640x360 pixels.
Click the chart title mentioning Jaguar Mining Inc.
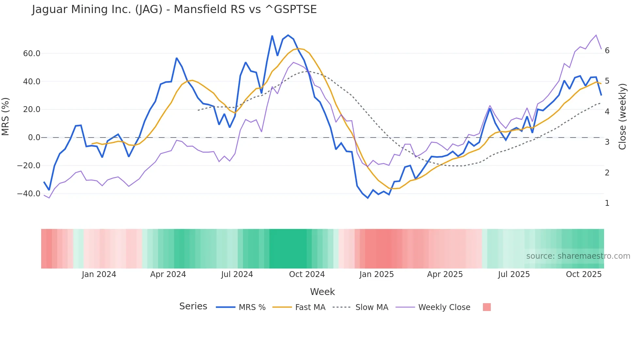[174, 9]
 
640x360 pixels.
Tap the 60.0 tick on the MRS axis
[32, 54]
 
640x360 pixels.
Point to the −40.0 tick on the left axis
[29, 194]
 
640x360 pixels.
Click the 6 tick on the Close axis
[607, 51]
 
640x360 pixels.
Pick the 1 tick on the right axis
[607, 203]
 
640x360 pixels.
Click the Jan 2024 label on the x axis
[99, 274]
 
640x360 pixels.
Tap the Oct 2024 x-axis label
[307, 274]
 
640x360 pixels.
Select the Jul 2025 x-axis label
[514, 274]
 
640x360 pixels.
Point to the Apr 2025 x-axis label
[445, 274]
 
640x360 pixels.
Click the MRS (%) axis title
[6, 117]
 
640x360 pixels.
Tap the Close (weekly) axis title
[622, 117]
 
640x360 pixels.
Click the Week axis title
[322, 292]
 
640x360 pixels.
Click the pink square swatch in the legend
[487, 307]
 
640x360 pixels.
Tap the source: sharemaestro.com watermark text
[578, 256]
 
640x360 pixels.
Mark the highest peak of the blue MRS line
[288, 35]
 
